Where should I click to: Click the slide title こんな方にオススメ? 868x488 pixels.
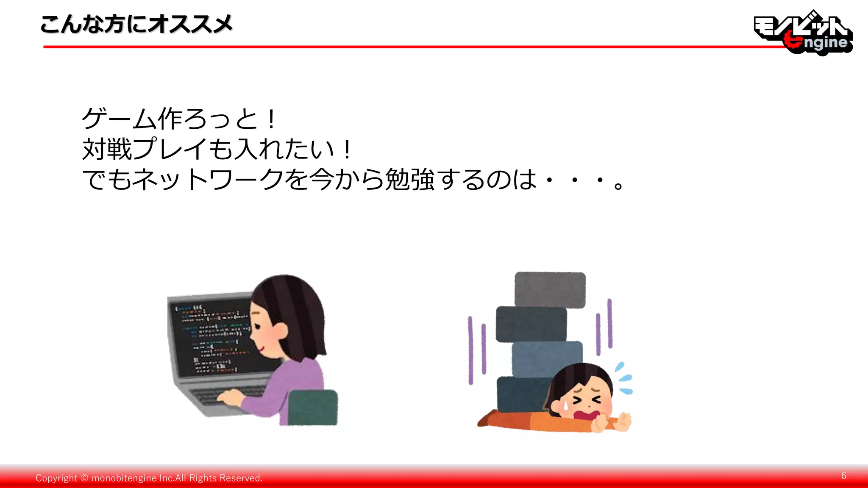tap(136, 24)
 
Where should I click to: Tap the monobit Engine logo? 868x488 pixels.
tap(803, 33)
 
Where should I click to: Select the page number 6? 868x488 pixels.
tap(843, 476)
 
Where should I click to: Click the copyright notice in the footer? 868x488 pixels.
tap(149, 478)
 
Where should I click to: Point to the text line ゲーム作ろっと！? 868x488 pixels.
tap(179, 119)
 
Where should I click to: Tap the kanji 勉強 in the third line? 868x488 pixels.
tap(409, 179)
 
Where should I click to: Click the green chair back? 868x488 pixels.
tap(314, 408)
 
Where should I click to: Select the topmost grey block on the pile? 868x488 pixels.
tap(550, 289)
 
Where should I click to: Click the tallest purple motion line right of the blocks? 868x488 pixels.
tap(610, 323)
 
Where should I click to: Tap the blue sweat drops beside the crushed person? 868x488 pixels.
tap(624, 378)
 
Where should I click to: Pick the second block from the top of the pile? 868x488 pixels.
tap(531, 324)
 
